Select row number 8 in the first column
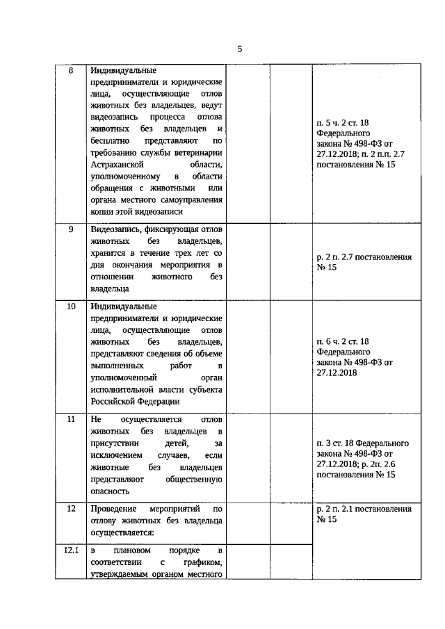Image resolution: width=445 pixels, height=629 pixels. (71, 71)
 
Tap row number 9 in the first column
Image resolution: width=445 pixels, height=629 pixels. (71, 229)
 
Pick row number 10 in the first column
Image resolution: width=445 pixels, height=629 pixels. (71, 306)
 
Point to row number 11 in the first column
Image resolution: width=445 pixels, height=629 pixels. (71, 420)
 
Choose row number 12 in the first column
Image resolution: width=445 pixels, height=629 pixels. (71, 509)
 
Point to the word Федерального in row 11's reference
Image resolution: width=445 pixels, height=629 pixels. (380, 443)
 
